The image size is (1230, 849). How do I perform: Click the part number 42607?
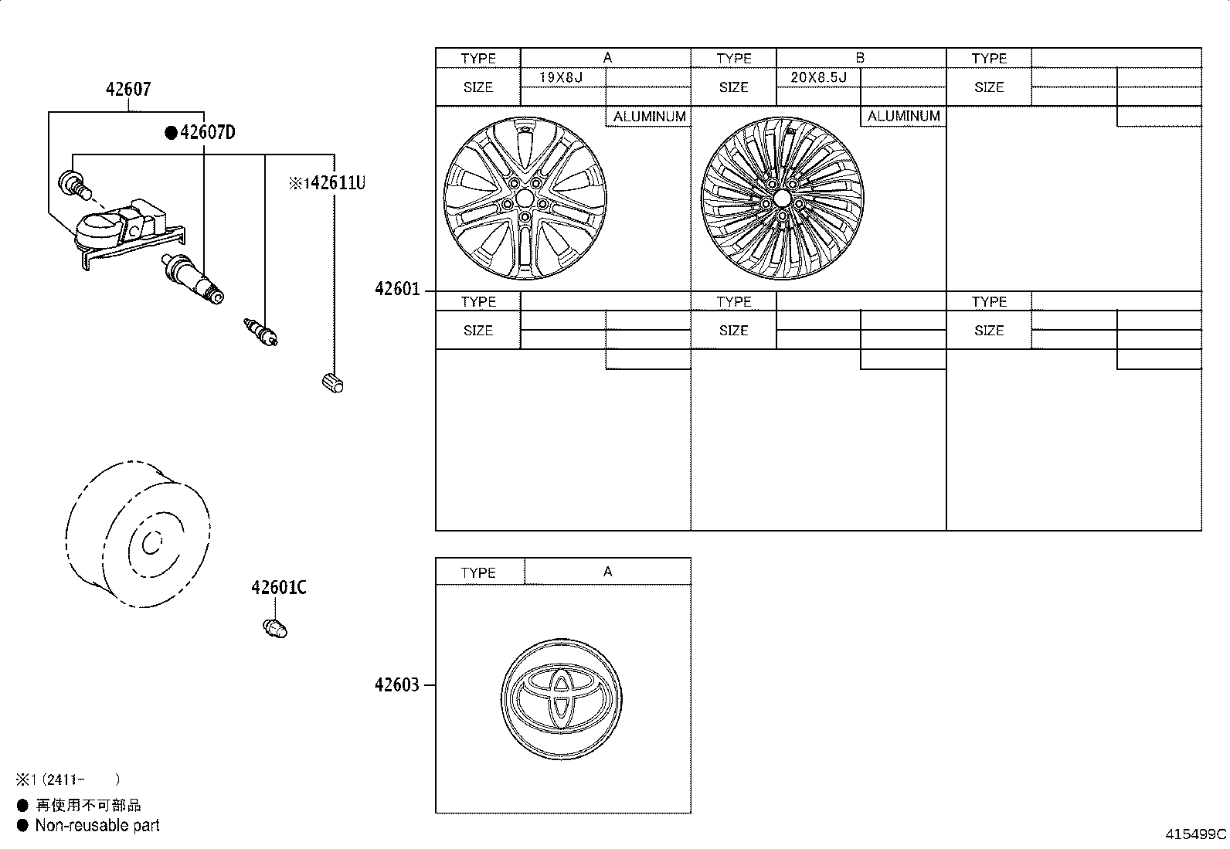[128, 90]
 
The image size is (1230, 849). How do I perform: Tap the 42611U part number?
[334, 183]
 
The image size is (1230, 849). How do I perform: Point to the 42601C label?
[278, 588]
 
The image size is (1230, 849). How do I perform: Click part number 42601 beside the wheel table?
[397, 290]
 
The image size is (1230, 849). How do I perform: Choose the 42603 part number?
[397, 685]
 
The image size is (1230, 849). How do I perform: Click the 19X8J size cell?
[562, 77]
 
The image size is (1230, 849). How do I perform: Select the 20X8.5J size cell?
[818, 77]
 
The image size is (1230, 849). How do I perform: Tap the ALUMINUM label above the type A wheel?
[649, 117]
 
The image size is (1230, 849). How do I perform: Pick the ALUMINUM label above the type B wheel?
[903, 117]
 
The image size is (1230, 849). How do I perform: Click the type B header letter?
[860, 58]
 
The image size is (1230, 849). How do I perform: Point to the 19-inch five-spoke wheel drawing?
[525, 199]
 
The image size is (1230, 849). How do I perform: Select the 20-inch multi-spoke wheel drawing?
[781, 199]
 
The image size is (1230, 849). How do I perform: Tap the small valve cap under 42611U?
[331, 381]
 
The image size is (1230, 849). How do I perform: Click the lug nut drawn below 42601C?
[275, 628]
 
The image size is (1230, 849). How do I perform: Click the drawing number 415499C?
[1196, 834]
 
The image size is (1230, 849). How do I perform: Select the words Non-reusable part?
[97, 825]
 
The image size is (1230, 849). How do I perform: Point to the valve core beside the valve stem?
[263, 332]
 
